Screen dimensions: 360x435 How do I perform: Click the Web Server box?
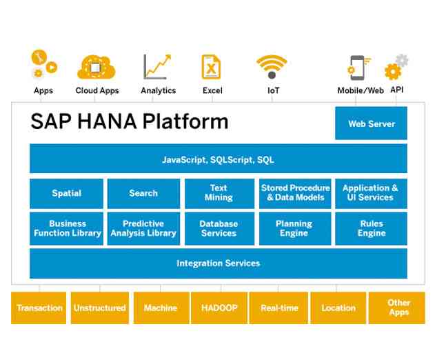pos(371,123)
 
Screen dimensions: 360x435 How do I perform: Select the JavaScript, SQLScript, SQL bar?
pos(218,159)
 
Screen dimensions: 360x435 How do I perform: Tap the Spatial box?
pos(66,194)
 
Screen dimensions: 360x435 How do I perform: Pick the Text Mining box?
pos(219,194)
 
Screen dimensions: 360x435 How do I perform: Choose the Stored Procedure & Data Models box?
pos(295,194)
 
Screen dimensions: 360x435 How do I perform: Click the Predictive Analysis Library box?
pos(143,229)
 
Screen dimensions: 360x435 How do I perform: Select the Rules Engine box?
pos(371,229)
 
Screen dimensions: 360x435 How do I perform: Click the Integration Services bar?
pos(218,263)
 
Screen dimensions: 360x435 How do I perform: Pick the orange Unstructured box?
pos(99,308)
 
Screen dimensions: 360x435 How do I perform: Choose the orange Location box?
pos(338,308)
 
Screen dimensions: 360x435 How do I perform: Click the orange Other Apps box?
pos(398,308)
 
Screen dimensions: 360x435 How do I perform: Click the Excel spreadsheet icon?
pos(210,67)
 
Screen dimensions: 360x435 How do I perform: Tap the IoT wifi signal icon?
pos(272,67)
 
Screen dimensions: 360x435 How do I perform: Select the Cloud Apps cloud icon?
pos(97,67)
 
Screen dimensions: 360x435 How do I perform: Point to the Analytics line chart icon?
pos(156,67)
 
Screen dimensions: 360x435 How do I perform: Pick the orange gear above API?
pos(392,71)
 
